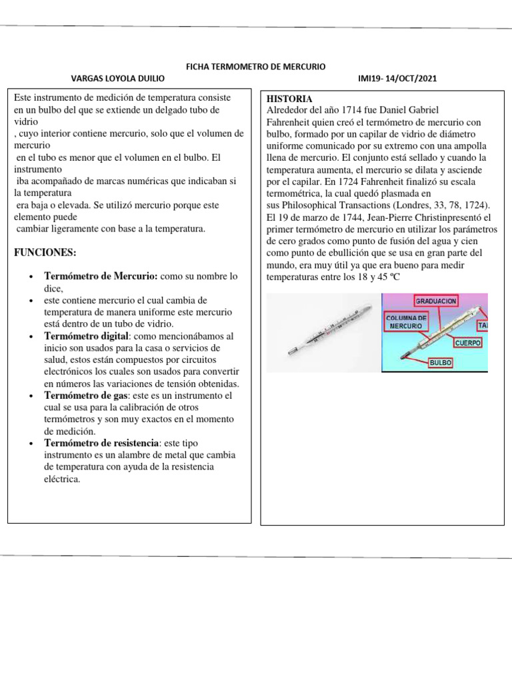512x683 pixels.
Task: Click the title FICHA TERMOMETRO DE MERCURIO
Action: point(255,67)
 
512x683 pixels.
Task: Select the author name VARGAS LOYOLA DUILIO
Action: point(117,79)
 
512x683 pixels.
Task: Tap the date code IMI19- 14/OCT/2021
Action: point(397,79)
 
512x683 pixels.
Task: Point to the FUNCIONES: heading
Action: point(45,253)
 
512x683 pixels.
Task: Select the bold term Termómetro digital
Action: point(85,336)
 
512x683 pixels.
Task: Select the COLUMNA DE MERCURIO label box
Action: point(405,322)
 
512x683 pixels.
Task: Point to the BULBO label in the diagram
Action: point(441,363)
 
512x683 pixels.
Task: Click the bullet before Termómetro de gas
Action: point(32,396)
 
